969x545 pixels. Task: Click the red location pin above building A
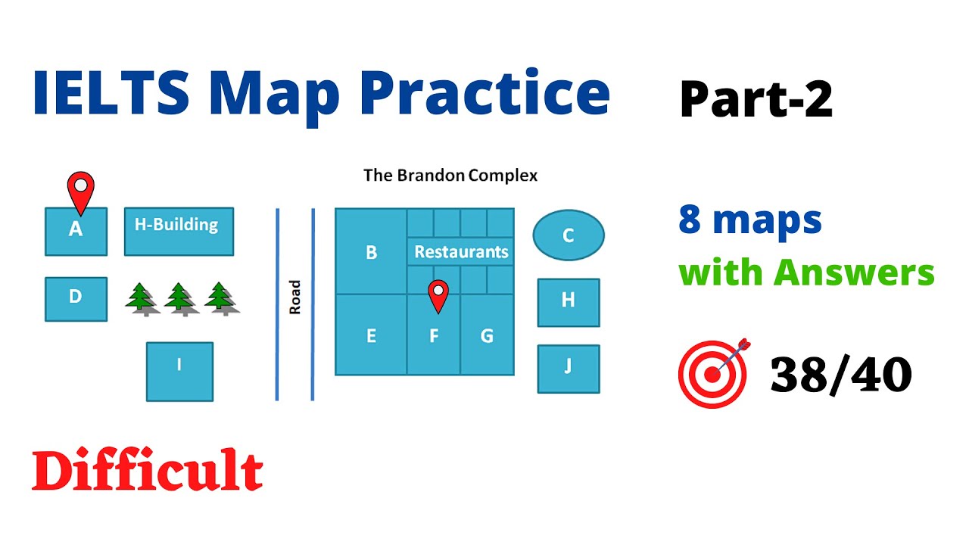click(x=80, y=189)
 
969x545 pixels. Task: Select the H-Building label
click(x=178, y=225)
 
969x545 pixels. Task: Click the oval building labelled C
click(x=569, y=235)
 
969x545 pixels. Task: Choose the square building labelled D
click(x=76, y=298)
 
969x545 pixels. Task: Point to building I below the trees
click(x=179, y=371)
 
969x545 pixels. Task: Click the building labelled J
click(x=569, y=369)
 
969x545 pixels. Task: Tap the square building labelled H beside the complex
click(x=569, y=302)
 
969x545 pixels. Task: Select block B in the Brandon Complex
click(x=371, y=252)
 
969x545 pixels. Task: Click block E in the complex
click(x=371, y=335)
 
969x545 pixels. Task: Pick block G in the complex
click(x=487, y=335)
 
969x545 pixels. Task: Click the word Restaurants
click(x=461, y=252)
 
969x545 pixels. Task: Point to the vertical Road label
click(x=295, y=297)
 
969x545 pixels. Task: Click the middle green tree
click(x=180, y=298)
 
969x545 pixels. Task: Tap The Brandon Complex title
click(x=450, y=176)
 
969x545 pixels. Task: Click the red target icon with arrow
click(x=713, y=372)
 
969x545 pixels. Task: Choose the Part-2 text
click(x=756, y=99)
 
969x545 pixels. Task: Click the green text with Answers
click(x=806, y=272)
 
